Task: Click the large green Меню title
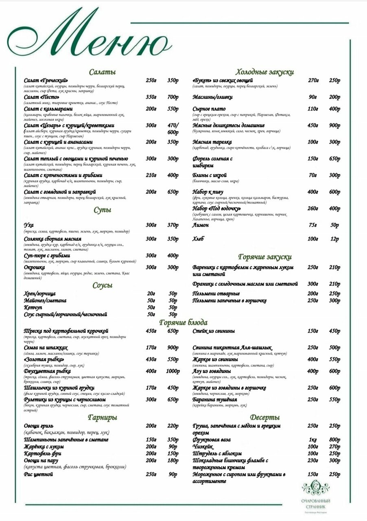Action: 87,39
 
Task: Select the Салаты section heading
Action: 103,72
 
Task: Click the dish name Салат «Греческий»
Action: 46,80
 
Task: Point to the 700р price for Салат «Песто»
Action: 173,97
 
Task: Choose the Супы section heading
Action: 103,210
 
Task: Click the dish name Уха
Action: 29,225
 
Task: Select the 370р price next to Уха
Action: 173,225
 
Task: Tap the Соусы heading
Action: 103,285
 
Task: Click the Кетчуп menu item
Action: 34,307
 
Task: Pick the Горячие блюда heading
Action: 183,323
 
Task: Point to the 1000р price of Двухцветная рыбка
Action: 173,371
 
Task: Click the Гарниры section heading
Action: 103,418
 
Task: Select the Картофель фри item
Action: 43,453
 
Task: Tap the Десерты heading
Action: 265,418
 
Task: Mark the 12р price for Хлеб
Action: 334,239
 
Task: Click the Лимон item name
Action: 201,225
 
